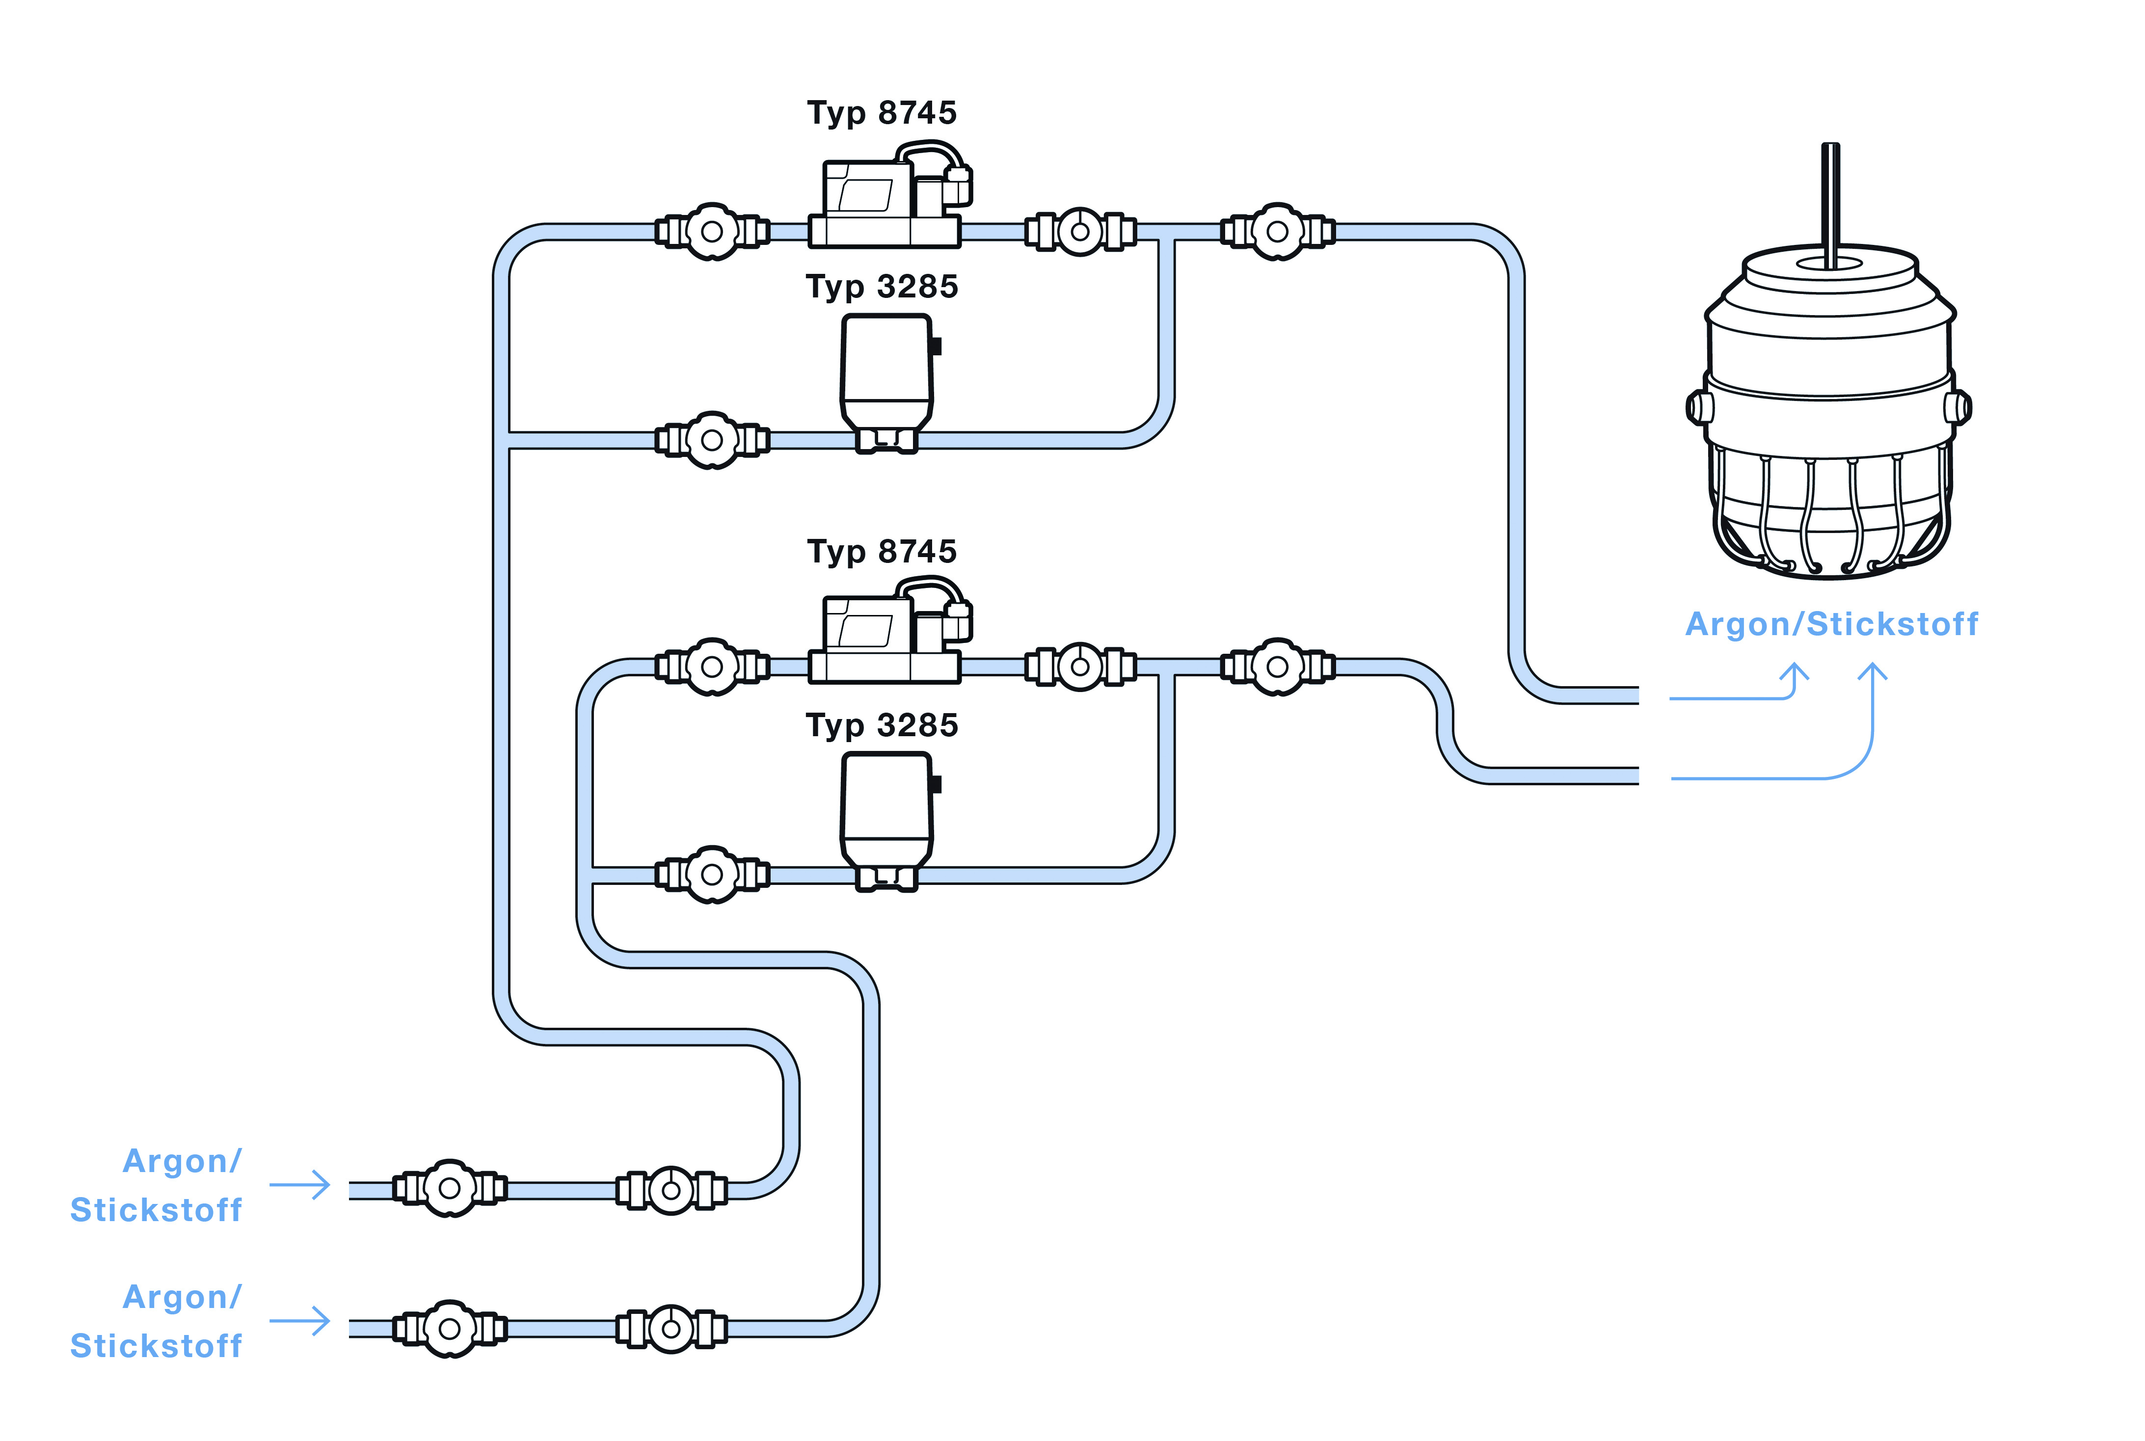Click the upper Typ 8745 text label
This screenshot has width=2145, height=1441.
[x=882, y=113]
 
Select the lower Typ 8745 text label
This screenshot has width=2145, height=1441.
[x=882, y=551]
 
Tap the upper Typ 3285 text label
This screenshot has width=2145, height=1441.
[x=882, y=287]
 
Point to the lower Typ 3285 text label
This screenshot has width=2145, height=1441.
[x=882, y=725]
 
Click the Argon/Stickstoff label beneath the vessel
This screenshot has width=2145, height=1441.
[x=1831, y=624]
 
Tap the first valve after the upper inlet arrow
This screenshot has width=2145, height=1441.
[x=450, y=1188]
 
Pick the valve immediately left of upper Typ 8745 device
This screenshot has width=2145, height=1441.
[x=711, y=232]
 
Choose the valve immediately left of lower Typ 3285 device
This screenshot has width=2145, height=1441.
[x=711, y=874]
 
